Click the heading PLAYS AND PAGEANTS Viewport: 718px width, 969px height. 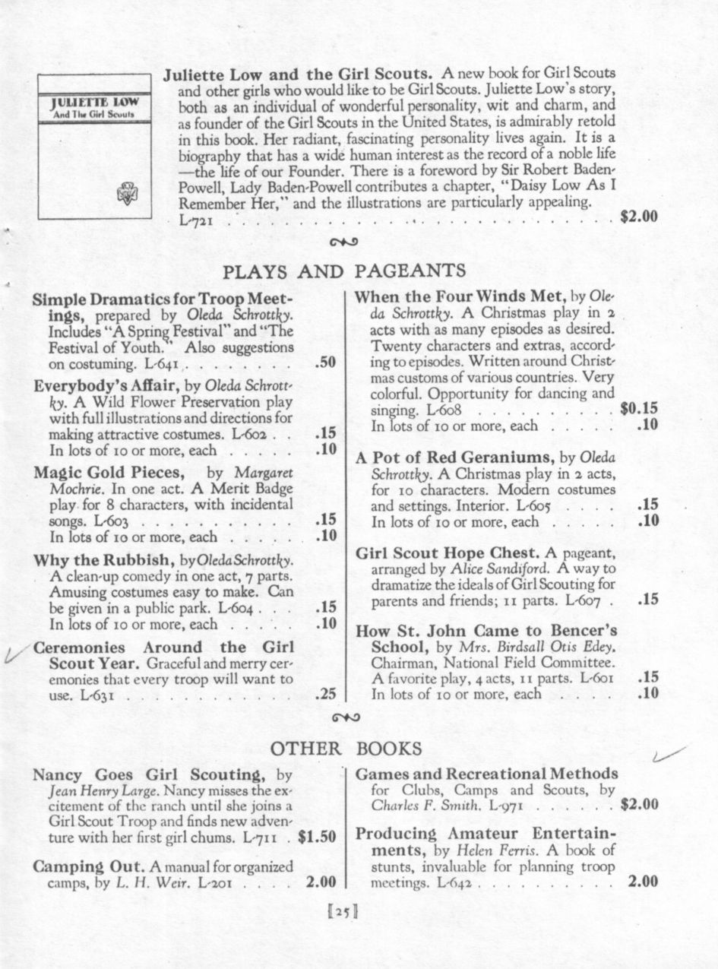[343, 271]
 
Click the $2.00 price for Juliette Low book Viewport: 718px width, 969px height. [638, 217]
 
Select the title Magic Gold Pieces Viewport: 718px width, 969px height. [109, 471]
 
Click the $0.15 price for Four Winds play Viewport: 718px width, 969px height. [639, 408]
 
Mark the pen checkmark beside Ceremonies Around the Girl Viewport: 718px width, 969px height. [17, 652]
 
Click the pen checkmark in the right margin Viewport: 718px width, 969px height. [669, 754]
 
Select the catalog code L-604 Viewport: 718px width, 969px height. [236, 607]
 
